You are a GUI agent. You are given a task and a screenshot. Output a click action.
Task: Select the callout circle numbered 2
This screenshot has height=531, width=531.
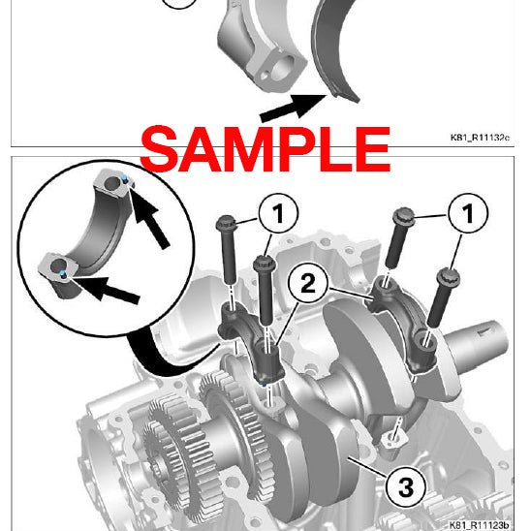pos(306,284)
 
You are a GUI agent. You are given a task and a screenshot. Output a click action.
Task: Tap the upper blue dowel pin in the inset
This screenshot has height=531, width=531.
pos(127,180)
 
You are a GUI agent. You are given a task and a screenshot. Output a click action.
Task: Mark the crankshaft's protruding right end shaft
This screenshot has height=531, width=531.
pos(484,340)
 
